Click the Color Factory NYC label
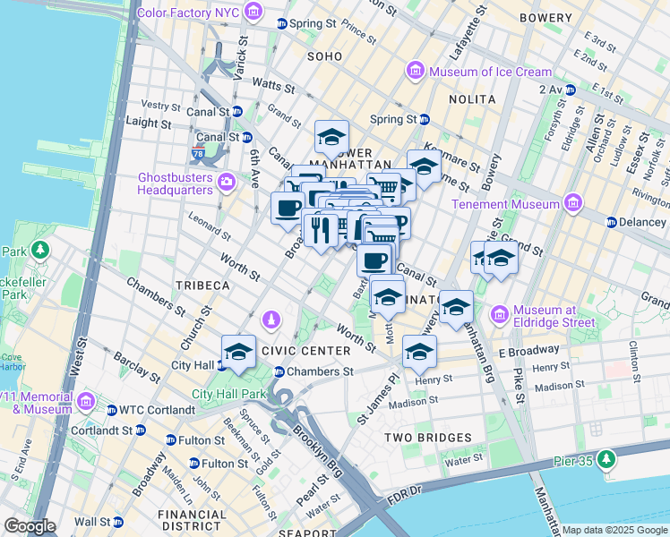tap(188, 12)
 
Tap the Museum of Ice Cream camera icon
tap(415, 71)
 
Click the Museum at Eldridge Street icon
tap(499, 315)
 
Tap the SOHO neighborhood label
tap(324, 55)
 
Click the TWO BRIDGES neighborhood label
tap(427, 438)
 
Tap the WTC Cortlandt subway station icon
tap(112, 410)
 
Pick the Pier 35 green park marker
tap(607, 459)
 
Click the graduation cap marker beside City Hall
tap(239, 351)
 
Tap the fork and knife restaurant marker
tap(321, 229)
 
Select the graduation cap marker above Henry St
tap(419, 351)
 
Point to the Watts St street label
tap(273, 86)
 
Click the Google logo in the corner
tap(30, 526)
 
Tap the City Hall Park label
tap(230, 393)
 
